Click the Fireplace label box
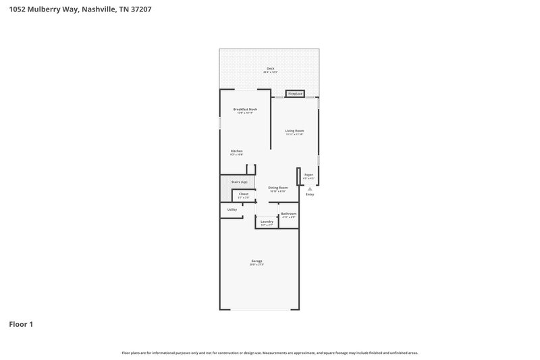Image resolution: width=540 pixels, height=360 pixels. [x=295, y=94]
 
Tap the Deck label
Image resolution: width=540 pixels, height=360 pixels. [x=270, y=68]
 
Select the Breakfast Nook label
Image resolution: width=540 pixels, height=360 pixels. [x=245, y=109]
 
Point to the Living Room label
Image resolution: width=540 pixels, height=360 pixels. [x=294, y=130]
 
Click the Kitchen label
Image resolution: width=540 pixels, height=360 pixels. [x=236, y=151]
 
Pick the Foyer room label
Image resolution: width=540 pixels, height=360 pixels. [x=308, y=175]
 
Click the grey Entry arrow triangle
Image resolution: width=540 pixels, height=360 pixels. [x=310, y=189]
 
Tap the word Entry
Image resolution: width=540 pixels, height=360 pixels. [x=310, y=195]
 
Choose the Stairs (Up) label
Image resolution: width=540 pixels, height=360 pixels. [x=239, y=182]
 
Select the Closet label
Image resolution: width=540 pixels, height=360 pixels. [x=244, y=194]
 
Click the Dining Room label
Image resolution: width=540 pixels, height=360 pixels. [x=278, y=188]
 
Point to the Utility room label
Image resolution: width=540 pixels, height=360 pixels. [x=232, y=209]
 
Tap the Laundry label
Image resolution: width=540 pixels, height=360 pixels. [x=267, y=222]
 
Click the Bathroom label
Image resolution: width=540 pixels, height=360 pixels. [x=288, y=214]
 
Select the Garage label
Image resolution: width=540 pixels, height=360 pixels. [x=256, y=261]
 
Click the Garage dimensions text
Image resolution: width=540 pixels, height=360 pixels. [x=256, y=265]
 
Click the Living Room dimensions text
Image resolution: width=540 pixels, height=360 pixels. [x=294, y=134]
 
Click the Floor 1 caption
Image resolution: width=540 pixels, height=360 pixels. [x=21, y=324]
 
